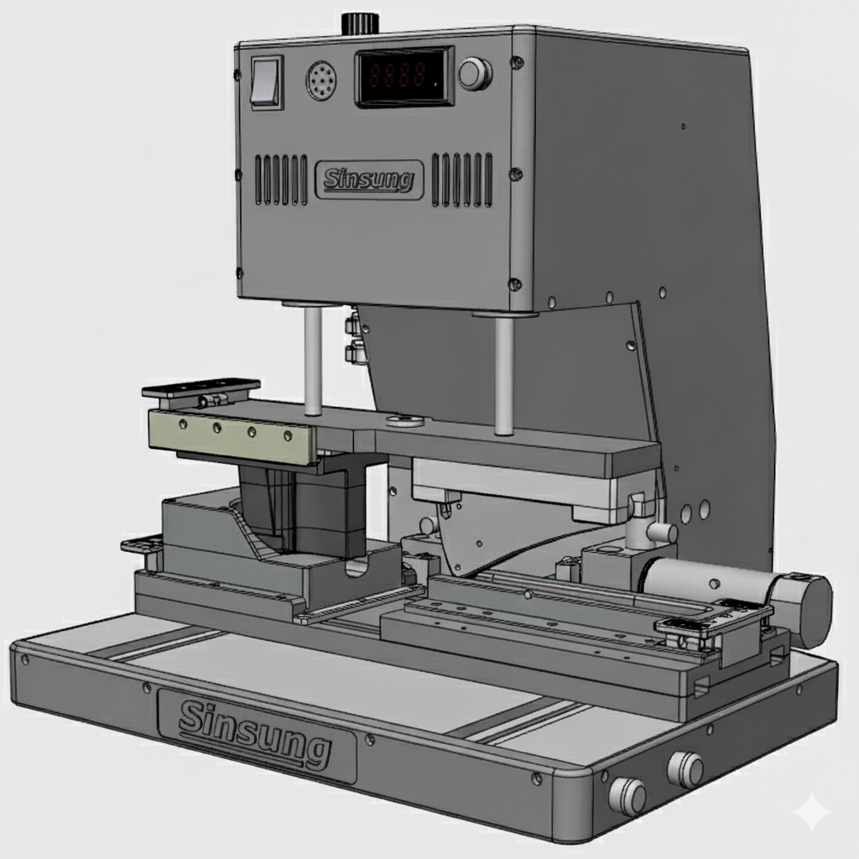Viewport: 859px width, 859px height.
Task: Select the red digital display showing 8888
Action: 403,75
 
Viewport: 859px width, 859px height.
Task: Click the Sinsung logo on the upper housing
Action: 369,180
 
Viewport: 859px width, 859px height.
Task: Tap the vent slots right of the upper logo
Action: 461,180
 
